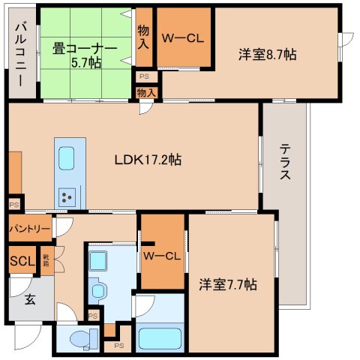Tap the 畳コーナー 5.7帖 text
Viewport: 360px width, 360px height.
point(84,54)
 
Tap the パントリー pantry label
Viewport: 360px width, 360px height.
point(30,228)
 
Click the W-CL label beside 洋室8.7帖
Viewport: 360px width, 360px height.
point(184,39)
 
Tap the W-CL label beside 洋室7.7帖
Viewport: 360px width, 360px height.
point(163,256)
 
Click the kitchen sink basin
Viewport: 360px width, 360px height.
point(67,160)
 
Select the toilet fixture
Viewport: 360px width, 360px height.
point(79,338)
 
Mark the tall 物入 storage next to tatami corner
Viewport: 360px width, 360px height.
point(144,37)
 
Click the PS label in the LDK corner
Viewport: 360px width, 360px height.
point(14,204)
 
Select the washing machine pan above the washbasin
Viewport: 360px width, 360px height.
point(97,260)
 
